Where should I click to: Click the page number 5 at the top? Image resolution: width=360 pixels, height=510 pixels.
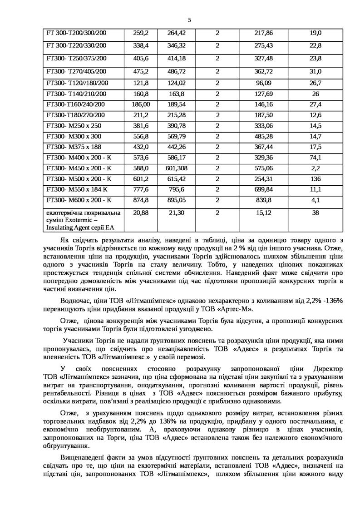point(189,19)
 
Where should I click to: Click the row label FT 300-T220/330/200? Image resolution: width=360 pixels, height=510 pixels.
point(77,46)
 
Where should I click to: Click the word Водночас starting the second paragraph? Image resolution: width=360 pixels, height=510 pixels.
point(76,301)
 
